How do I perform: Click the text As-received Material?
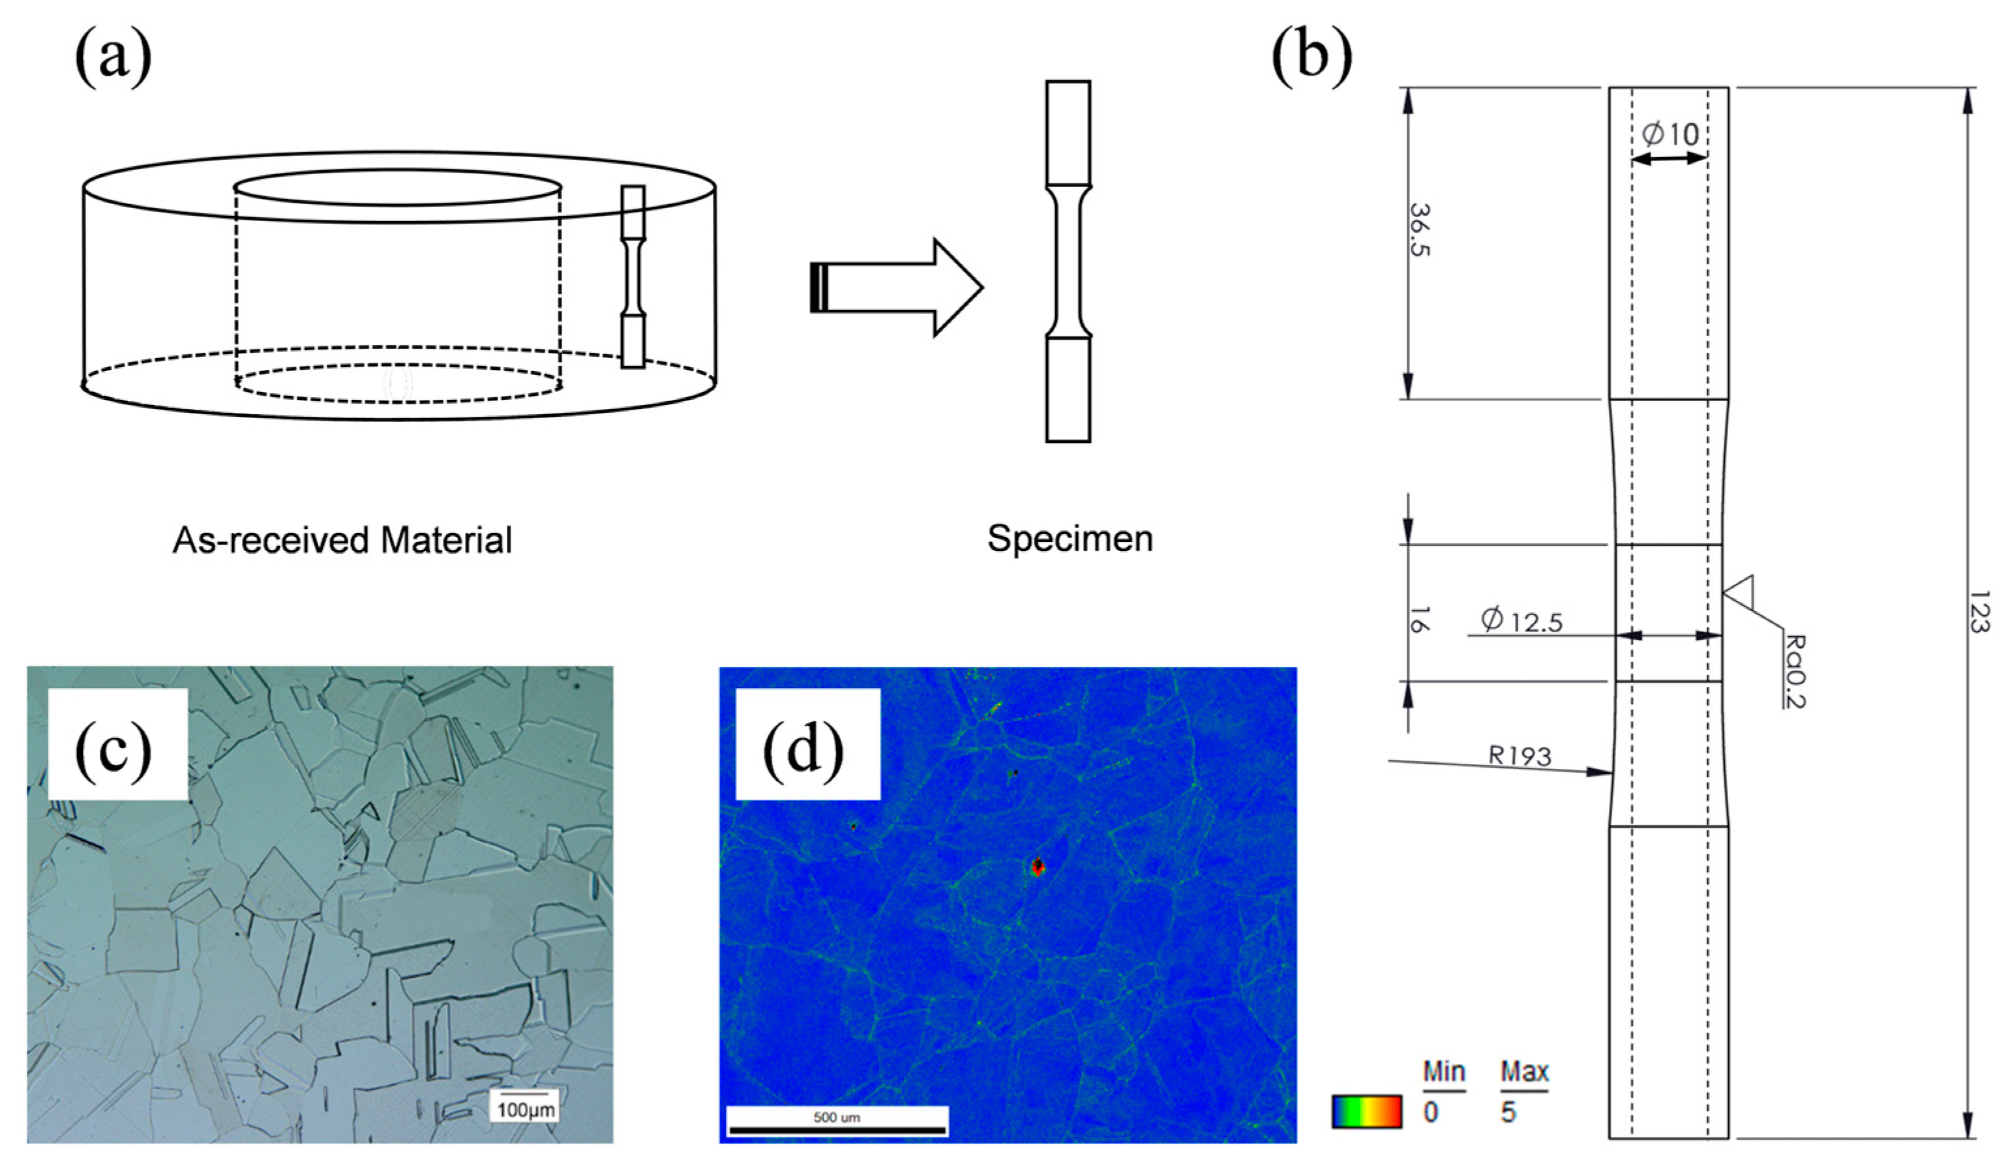point(342,541)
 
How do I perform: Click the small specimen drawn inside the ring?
point(633,276)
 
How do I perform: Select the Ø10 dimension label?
point(1670,134)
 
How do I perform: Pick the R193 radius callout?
point(1519,755)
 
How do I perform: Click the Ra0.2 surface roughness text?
point(1794,671)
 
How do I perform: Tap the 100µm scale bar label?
point(526,1109)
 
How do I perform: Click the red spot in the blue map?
point(1037,867)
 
